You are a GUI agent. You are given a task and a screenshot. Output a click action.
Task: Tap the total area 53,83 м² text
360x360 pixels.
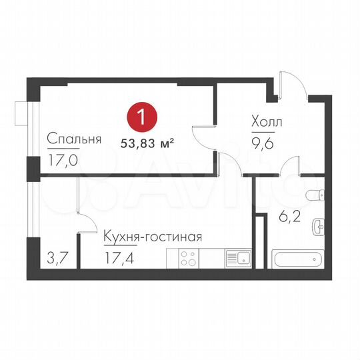click(x=147, y=142)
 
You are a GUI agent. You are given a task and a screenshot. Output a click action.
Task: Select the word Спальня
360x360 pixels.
click(x=73, y=139)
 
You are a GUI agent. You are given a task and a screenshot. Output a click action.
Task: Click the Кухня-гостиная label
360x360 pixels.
click(x=152, y=237)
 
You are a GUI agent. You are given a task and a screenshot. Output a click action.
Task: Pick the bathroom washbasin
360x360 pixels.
click(x=319, y=227)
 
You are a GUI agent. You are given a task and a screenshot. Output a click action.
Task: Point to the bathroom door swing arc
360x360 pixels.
click(x=292, y=167)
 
